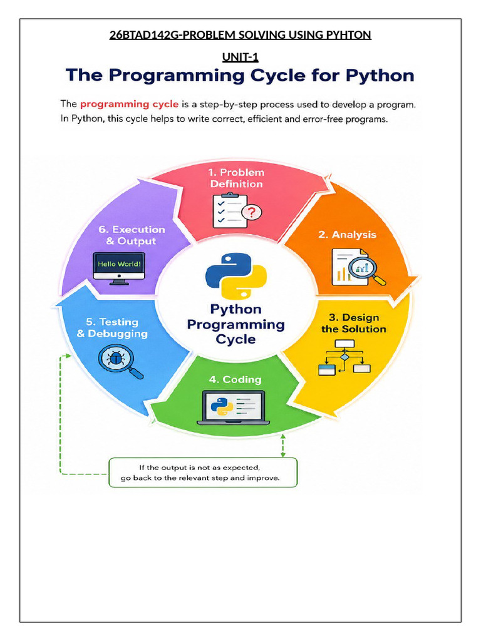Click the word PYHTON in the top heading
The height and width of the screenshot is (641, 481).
(x=348, y=35)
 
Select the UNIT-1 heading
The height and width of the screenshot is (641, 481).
(x=240, y=57)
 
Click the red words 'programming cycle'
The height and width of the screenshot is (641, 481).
(x=129, y=105)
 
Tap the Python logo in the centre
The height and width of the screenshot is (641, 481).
(x=236, y=276)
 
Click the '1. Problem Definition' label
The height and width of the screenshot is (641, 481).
(x=236, y=178)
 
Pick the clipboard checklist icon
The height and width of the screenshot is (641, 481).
(x=230, y=210)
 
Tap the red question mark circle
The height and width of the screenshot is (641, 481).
(x=252, y=212)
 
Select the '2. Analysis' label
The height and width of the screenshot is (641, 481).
(x=347, y=235)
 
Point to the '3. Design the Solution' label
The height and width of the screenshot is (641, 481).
(x=353, y=324)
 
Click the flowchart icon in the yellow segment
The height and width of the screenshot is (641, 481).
(x=344, y=357)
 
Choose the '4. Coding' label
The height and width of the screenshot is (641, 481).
(x=235, y=380)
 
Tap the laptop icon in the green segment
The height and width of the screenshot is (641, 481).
(x=233, y=408)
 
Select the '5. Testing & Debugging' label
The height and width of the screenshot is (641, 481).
(x=112, y=328)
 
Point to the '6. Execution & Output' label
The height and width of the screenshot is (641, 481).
(x=132, y=235)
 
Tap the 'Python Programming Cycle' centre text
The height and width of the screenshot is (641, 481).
(x=236, y=324)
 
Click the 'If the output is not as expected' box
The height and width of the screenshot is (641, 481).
(x=203, y=473)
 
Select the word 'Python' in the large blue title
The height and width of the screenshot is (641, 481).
(x=380, y=76)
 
